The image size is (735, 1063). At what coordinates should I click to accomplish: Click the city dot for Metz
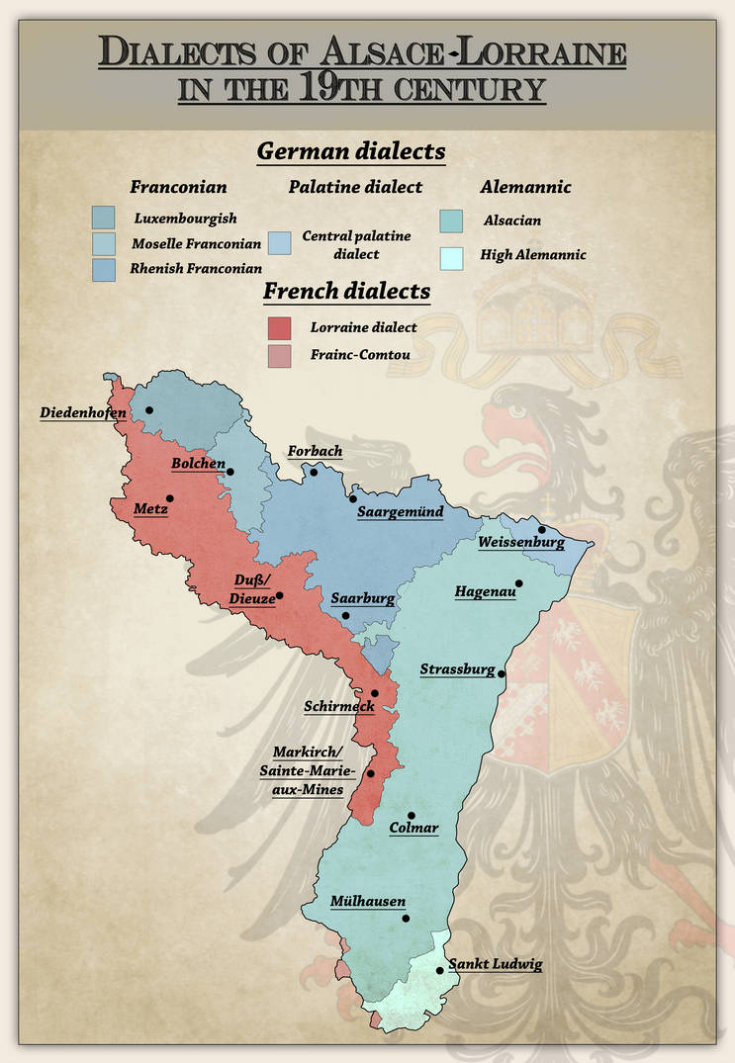pos(170,498)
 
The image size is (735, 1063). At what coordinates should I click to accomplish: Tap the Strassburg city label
pos(457,670)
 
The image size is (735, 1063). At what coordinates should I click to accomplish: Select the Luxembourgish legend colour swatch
pos(103,218)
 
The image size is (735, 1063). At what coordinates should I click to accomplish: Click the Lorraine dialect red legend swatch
pos(281,327)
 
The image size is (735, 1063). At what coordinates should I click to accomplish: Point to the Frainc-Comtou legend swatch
pos(281,355)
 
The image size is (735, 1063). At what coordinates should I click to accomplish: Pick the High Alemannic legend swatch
pos(450,256)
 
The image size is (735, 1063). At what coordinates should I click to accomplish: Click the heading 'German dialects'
pos(350,152)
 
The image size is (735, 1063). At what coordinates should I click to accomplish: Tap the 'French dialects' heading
pos(346,292)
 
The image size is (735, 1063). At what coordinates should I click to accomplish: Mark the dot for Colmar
pos(412,816)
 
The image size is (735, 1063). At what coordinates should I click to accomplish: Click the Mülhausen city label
pos(368,902)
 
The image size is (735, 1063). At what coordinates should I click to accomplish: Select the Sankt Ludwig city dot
pos(440,971)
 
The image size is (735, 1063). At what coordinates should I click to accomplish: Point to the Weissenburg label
pos(520,543)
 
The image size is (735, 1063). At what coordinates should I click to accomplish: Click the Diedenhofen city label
pos(83,412)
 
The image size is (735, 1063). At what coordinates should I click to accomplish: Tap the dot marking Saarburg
pos(345,616)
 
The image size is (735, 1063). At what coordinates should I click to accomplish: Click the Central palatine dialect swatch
pos(280,243)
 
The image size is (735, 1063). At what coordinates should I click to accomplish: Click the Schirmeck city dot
pos(375,693)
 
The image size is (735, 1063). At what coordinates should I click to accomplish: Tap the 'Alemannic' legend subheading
pos(511,187)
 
